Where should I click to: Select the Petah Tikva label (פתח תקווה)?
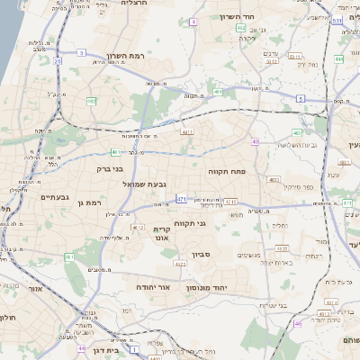(226, 170)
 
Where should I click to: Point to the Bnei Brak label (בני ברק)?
(109, 168)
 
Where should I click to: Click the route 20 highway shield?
(58, 61)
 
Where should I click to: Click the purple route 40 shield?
(256, 141)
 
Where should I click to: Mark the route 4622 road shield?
(182, 264)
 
